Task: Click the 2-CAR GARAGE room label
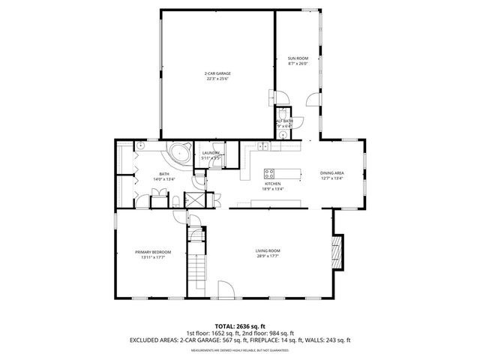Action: coord(217,73)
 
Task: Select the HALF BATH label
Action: coord(284,121)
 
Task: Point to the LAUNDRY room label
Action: coord(210,153)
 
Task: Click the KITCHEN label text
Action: coord(272,184)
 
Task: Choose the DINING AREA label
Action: coord(331,172)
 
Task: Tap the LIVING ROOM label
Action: coord(268,251)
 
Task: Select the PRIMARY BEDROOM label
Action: coord(153,252)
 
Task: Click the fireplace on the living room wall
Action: coord(337,252)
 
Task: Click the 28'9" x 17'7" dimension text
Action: coord(268,257)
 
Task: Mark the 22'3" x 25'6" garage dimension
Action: coord(217,79)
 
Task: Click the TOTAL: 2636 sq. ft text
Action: coord(239,326)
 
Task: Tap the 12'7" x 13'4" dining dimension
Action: coord(331,178)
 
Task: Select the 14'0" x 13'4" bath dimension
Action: coord(163,179)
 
